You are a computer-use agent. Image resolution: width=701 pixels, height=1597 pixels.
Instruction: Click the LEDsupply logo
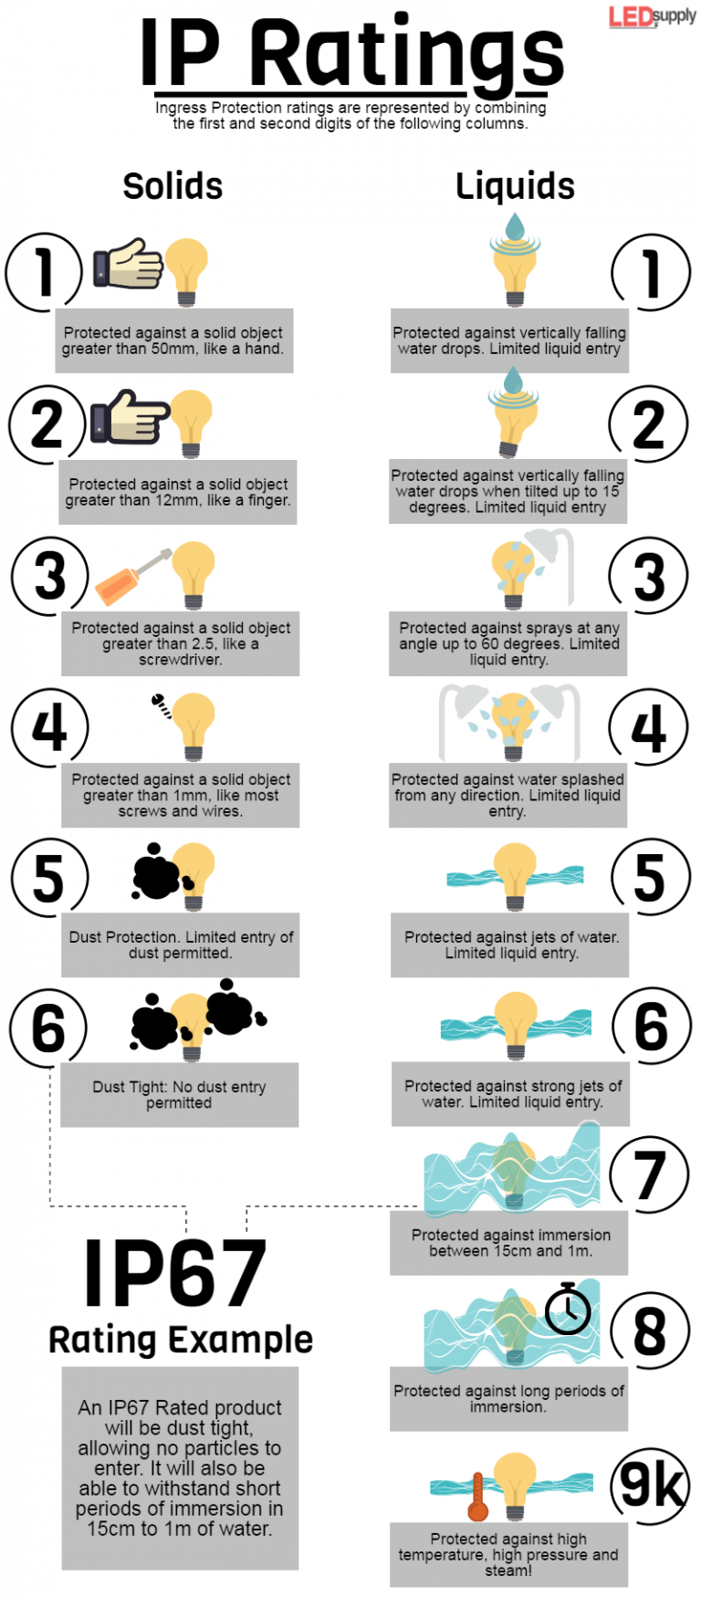(x=652, y=16)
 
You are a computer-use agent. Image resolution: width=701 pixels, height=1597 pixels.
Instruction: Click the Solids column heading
(x=173, y=186)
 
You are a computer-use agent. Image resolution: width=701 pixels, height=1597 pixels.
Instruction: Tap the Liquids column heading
(x=515, y=186)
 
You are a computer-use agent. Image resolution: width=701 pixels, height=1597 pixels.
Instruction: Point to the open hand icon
(x=128, y=265)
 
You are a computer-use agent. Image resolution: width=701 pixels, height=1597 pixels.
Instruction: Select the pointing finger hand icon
(x=129, y=417)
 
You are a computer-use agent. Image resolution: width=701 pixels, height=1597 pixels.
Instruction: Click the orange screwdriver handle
(x=118, y=583)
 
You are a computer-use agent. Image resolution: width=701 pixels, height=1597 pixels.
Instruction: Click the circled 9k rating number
(x=650, y=1485)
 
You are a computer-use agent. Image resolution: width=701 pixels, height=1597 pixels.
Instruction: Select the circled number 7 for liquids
(x=649, y=1175)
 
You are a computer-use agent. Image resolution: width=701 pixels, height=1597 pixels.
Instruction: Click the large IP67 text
(x=175, y=1274)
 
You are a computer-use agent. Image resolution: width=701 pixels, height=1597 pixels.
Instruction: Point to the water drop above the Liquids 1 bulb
(x=515, y=225)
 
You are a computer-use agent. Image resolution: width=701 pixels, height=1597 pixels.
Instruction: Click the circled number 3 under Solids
(x=50, y=575)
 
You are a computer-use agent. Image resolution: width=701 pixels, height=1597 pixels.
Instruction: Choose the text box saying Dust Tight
(x=179, y=1094)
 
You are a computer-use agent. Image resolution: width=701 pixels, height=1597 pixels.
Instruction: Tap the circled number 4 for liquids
(x=649, y=728)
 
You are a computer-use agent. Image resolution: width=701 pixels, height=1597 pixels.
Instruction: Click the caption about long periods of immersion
(x=508, y=1398)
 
